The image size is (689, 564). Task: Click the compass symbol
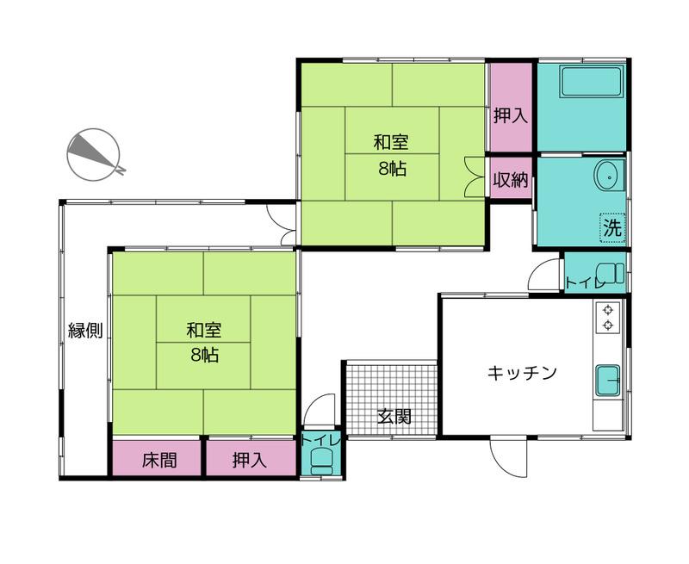click(94, 155)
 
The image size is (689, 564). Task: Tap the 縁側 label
click(85, 331)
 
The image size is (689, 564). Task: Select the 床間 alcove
click(158, 460)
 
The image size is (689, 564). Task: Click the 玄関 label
click(394, 417)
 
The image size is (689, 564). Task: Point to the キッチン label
click(523, 373)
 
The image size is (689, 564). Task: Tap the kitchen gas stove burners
click(608, 317)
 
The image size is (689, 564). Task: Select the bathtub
click(591, 84)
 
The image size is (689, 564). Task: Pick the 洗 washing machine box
click(611, 228)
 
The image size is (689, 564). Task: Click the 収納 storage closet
click(510, 180)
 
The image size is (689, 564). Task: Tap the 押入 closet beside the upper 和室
click(510, 115)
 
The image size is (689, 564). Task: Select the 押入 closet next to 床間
click(250, 460)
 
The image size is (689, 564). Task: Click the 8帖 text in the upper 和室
click(392, 169)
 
